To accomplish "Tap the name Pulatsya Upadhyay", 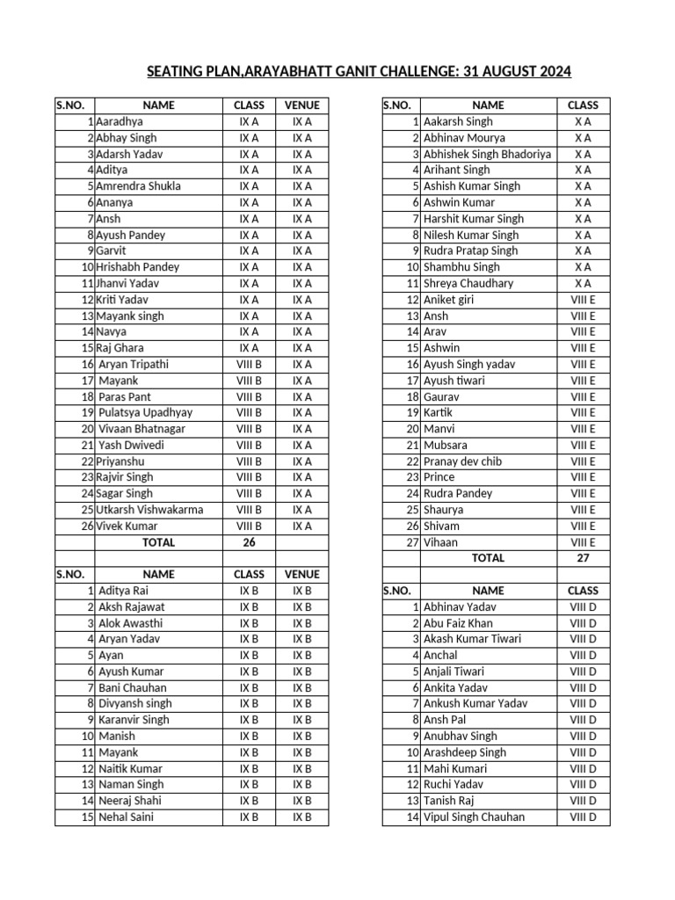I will pyautogui.click(x=146, y=413).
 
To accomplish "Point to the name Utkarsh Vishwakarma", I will pyautogui.click(x=149, y=510).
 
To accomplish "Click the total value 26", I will pyautogui.click(x=249, y=542).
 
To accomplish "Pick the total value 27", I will pyautogui.click(x=583, y=558).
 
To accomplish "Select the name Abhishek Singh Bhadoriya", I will pyautogui.click(x=487, y=154).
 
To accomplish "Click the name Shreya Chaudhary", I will pyautogui.click(x=468, y=283).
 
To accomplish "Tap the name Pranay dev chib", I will pyautogui.click(x=462, y=461).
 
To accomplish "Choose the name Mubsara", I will pyautogui.click(x=446, y=446).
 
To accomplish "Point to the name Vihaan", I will pyautogui.click(x=440, y=542).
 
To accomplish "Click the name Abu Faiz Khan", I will pyautogui.click(x=458, y=623).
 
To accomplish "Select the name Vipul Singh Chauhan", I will pyautogui.click(x=474, y=817).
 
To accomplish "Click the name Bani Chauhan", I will pyautogui.click(x=133, y=687).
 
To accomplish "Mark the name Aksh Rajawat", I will pyautogui.click(x=132, y=606).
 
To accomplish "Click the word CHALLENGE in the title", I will pyautogui.click(x=410, y=71).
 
